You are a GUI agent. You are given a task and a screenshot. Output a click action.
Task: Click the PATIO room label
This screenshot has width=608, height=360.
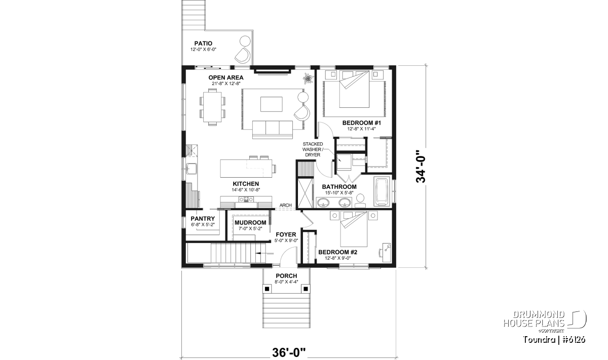point(203,44)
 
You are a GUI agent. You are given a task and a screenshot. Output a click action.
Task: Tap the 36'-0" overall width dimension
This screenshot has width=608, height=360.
point(289,353)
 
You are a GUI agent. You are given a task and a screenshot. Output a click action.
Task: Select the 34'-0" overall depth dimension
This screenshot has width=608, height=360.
point(421,166)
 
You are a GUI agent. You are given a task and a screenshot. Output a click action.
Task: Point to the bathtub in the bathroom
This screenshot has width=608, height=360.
point(382,191)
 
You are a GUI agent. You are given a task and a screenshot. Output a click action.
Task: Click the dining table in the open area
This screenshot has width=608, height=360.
point(213,107)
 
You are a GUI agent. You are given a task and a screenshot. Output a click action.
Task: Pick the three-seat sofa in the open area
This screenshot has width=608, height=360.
point(273,130)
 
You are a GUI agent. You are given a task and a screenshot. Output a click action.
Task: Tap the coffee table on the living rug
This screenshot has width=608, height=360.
point(272,104)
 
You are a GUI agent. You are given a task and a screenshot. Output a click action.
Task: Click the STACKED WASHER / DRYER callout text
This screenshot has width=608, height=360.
point(313,149)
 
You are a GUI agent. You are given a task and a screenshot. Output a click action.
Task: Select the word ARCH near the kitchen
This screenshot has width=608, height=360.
point(286,206)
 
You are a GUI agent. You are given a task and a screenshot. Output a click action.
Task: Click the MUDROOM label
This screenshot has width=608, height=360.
point(250,223)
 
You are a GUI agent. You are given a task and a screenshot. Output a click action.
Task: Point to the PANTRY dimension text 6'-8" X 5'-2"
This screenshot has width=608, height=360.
point(203,225)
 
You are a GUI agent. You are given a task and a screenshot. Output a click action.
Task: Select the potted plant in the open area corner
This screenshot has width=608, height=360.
point(308,78)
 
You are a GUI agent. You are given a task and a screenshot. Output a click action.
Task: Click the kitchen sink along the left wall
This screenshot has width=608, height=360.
point(192,169)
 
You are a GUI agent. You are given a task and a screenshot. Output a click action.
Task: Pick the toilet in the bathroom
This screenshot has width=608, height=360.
point(360,201)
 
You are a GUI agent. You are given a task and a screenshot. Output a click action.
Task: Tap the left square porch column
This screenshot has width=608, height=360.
point(267,289)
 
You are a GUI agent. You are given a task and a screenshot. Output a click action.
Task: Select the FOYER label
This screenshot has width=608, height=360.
point(286,234)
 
